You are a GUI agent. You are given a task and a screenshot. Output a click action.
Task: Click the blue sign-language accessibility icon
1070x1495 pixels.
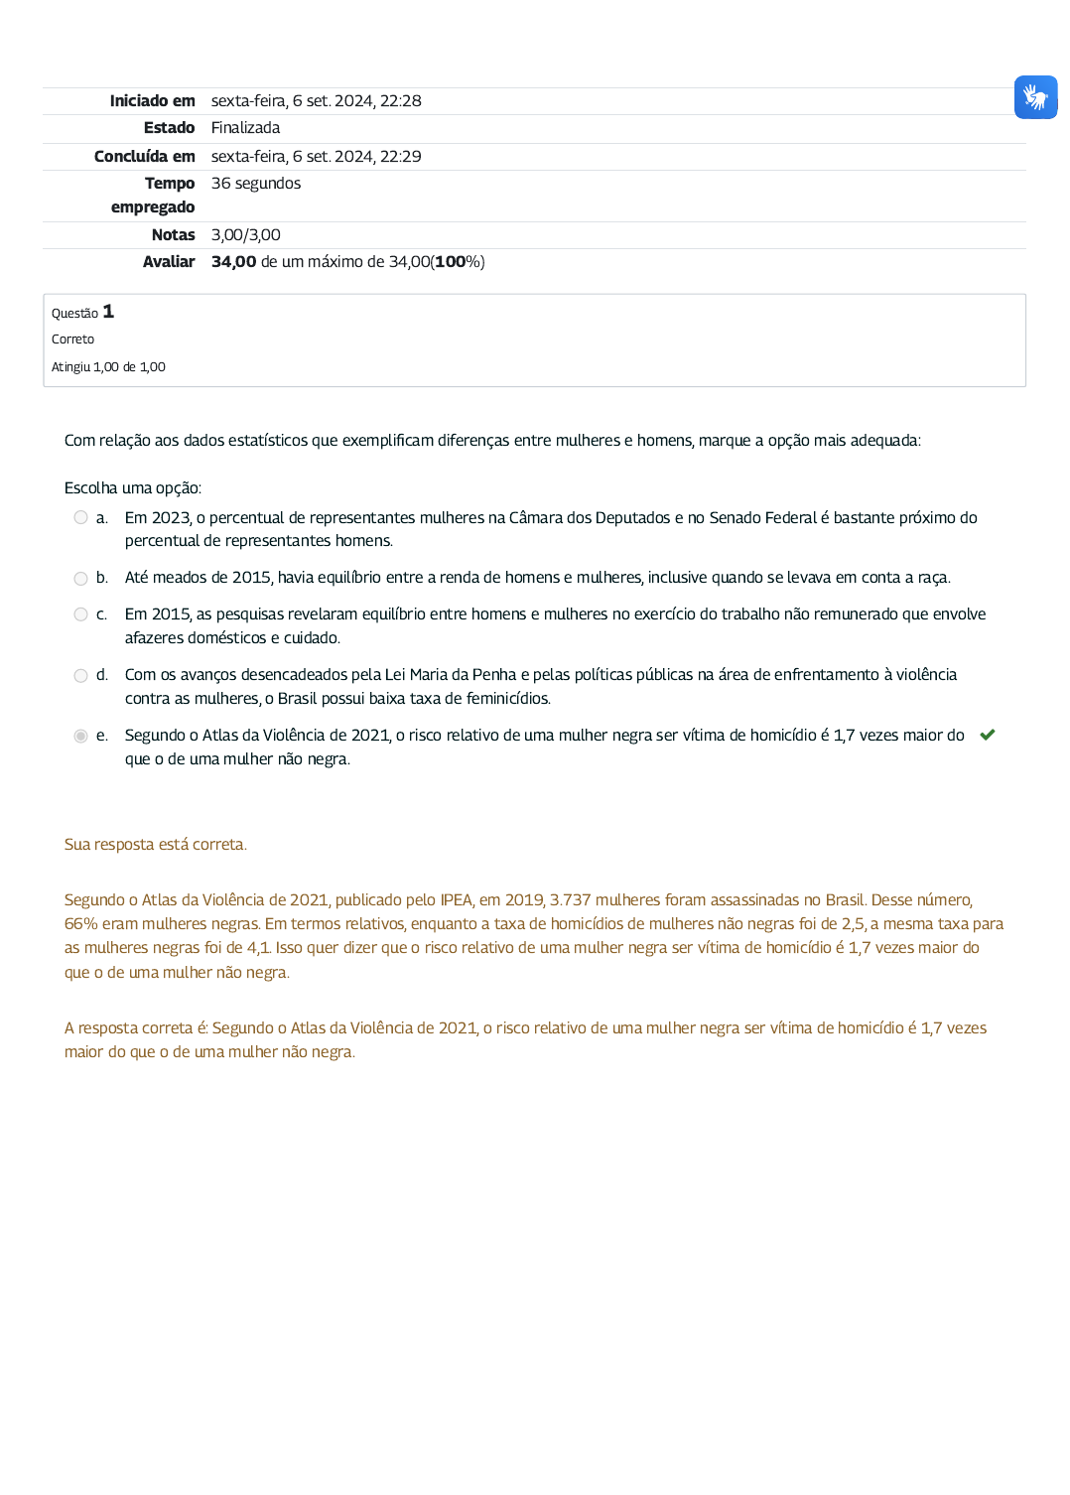[1035, 97]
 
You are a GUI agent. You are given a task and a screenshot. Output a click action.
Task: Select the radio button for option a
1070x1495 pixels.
[80, 517]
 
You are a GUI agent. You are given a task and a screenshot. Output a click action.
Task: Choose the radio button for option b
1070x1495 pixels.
[80, 578]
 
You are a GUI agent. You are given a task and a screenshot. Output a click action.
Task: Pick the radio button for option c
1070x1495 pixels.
[80, 614]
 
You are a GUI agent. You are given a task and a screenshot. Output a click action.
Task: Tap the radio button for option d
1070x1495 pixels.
[80, 675]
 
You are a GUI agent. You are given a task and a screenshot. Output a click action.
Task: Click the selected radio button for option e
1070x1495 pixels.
[80, 736]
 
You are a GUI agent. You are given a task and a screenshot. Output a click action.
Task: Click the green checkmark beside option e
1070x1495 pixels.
[987, 735]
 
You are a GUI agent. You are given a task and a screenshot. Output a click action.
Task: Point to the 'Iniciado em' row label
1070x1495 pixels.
[152, 100]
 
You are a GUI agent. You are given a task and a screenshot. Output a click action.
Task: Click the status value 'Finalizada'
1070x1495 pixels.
[245, 128]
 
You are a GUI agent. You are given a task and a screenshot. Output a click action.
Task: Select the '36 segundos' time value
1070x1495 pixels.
[255, 184]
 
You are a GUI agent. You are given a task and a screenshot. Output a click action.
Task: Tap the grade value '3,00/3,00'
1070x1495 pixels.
[245, 235]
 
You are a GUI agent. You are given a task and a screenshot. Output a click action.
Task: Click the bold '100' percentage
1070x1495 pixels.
[451, 262]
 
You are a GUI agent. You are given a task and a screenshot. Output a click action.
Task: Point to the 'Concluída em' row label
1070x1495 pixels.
[144, 156]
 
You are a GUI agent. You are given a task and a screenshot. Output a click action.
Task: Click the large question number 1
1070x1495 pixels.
[108, 312]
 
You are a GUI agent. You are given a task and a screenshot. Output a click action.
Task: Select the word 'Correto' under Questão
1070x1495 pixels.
[72, 340]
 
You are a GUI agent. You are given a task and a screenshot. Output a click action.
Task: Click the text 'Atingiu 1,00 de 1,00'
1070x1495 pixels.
[108, 367]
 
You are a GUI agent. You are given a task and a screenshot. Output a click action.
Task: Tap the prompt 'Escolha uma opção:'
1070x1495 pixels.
[132, 488]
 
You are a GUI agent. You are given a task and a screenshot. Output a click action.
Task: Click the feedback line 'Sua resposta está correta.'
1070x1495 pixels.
[155, 845]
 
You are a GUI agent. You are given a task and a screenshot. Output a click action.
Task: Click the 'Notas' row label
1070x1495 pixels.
[173, 235]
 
